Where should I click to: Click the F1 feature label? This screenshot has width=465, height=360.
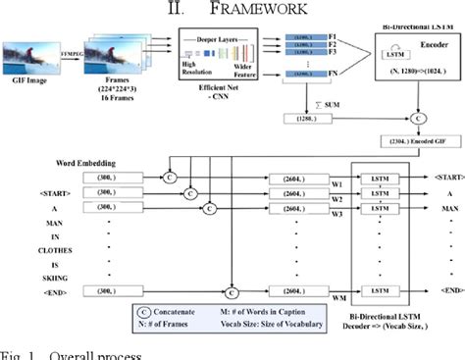click(335, 36)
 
